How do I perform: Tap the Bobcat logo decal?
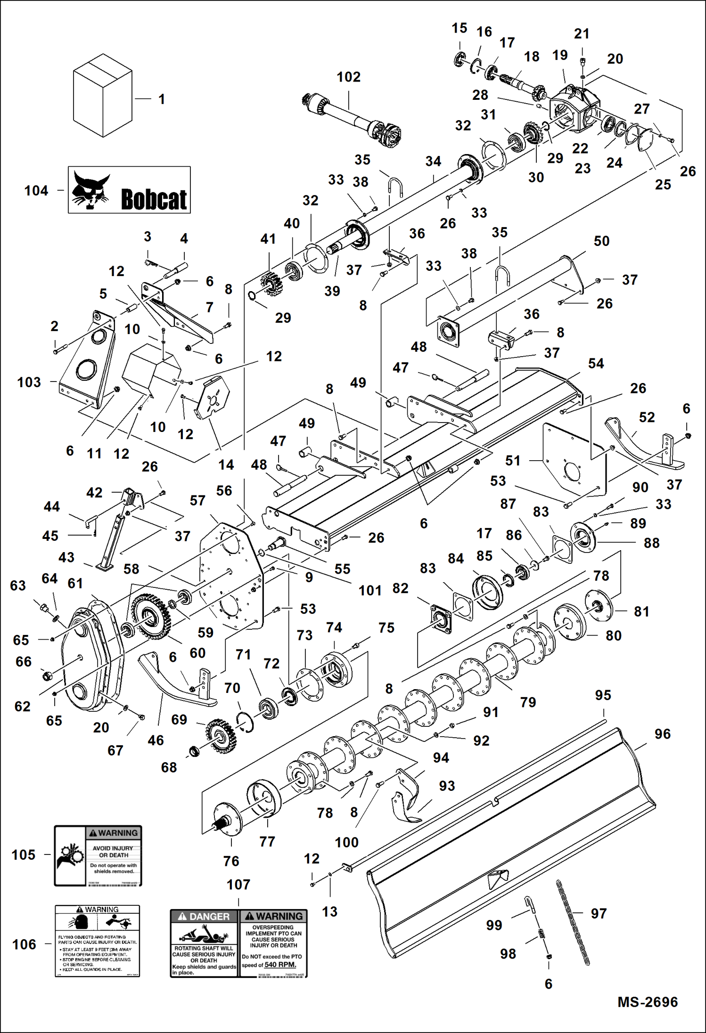click(129, 190)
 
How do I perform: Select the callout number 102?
click(348, 77)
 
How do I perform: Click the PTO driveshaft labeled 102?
click(351, 118)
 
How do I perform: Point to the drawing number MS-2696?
click(648, 1002)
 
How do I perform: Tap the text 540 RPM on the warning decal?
click(280, 965)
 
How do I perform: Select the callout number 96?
click(662, 734)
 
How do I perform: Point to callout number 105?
click(24, 855)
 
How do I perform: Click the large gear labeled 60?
click(150, 616)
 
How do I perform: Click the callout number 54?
click(596, 363)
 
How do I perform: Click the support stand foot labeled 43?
click(105, 566)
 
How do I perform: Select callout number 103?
click(29, 382)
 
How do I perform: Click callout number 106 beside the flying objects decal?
click(24, 944)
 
